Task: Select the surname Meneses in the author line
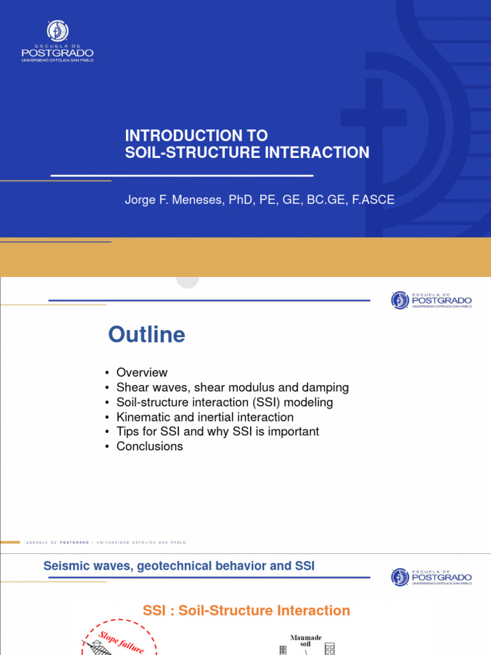tap(209, 200)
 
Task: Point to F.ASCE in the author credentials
tap(373, 200)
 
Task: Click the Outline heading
tap(146, 335)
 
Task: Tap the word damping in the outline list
tap(327, 387)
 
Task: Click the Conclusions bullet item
tap(150, 446)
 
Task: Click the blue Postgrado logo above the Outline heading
tap(431, 299)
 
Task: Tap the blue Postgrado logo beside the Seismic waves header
tap(431, 576)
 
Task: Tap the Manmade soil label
tap(306, 641)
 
